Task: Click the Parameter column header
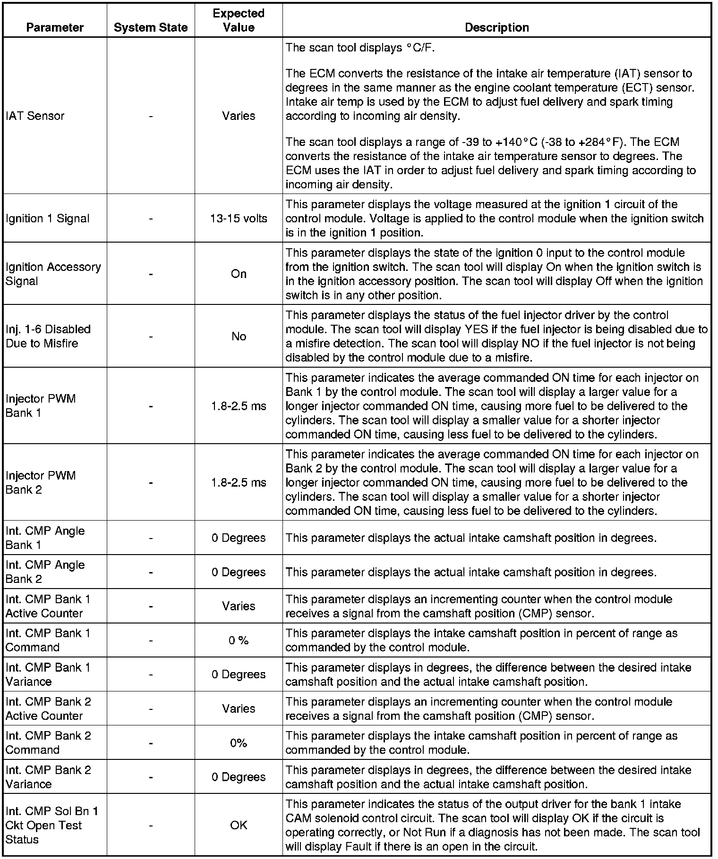click(55, 27)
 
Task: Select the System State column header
click(151, 28)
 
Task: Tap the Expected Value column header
click(239, 20)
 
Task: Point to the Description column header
click(496, 27)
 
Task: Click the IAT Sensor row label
click(35, 116)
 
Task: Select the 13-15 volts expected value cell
click(239, 219)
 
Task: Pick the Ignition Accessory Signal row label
click(53, 274)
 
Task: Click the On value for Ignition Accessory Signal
click(239, 274)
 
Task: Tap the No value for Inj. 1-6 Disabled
click(239, 337)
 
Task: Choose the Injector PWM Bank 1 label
click(41, 406)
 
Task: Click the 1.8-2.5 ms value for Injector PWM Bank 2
click(239, 483)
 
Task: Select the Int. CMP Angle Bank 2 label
click(45, 572)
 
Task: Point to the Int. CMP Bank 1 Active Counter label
click(48, 606)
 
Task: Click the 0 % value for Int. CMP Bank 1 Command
click(239, 640)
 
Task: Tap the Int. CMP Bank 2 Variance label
click(48, 777)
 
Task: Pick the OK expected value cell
click(239, 825)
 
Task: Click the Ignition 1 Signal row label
click(48, 219)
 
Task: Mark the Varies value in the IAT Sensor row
click(239, 116)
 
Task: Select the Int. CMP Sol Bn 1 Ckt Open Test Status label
click(52, 825)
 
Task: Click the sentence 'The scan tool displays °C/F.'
click(360, 48)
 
